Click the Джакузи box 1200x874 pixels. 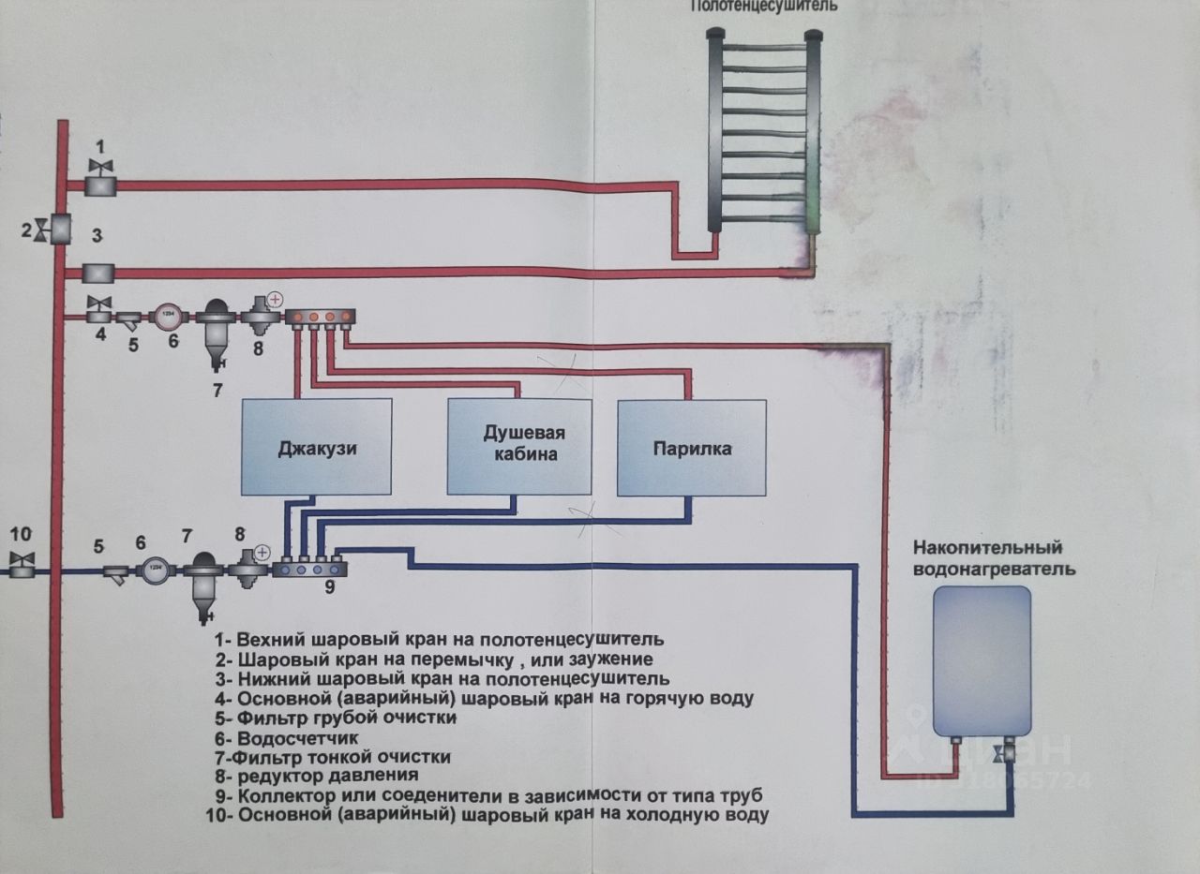317,447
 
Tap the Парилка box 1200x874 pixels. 691,448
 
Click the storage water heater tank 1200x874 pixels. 982,659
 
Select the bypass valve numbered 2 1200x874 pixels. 59,229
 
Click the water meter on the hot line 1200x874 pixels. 169,316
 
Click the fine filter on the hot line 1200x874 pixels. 217,328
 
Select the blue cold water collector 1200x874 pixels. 310,568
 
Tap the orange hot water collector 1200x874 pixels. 322,317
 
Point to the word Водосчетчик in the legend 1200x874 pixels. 290,737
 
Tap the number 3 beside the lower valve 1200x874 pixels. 96,234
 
